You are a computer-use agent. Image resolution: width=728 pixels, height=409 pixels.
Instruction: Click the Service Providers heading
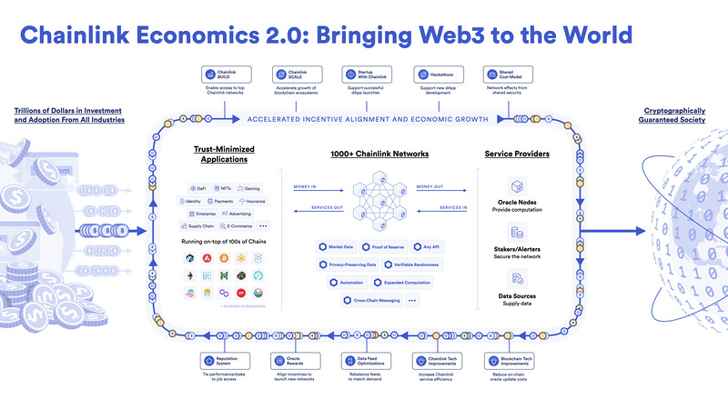516,154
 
